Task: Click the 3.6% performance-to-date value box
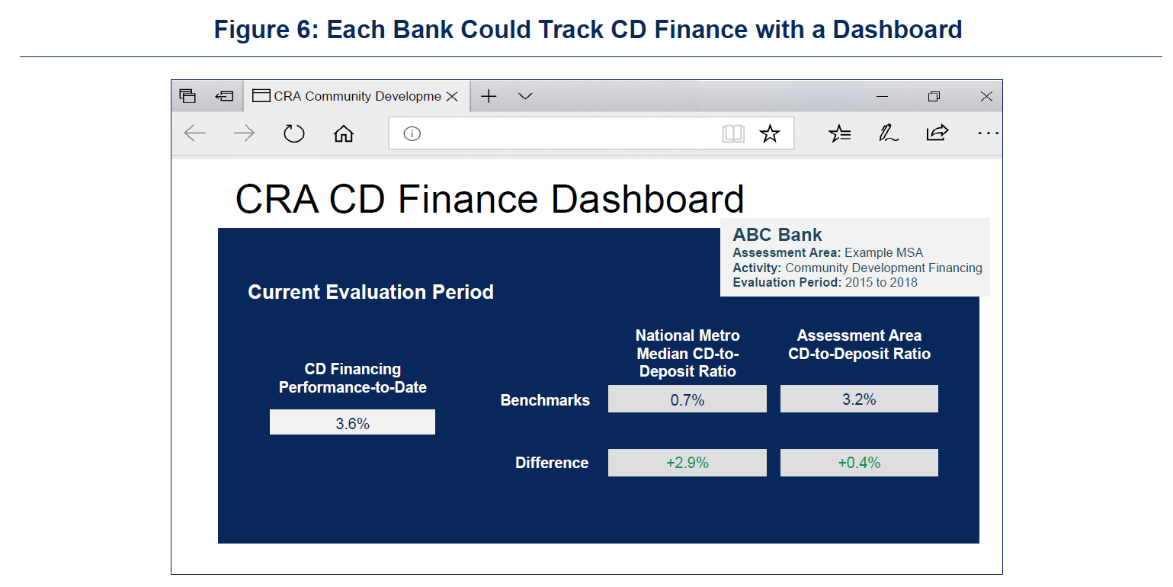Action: [x=352, y=422]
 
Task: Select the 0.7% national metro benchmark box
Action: [x=687, y=399]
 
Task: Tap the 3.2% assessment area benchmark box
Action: [x=859, y=399]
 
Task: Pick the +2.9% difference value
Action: [x=687, y=463]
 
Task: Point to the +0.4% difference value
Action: [x=859, y=463]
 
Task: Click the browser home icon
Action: [x=344, y=133]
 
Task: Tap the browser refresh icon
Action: [x=293, y=133]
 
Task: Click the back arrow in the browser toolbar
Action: [x=195, y=133]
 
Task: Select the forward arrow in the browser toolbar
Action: [x=244, y=133]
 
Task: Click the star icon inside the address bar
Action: [x=769, y=133]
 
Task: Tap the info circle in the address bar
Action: [x=412, y=134]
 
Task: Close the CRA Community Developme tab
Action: [x=452, y=96]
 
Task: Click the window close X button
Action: [x=986, y=96]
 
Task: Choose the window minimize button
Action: [x=883, y=96]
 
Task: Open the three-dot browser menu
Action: [x=988, y=133]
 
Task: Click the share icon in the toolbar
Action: [x=937, y=133]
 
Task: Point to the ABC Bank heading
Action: [x=777, y=235]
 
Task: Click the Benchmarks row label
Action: [x=545, y=400]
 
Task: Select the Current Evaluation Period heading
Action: [x=370, y=292]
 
